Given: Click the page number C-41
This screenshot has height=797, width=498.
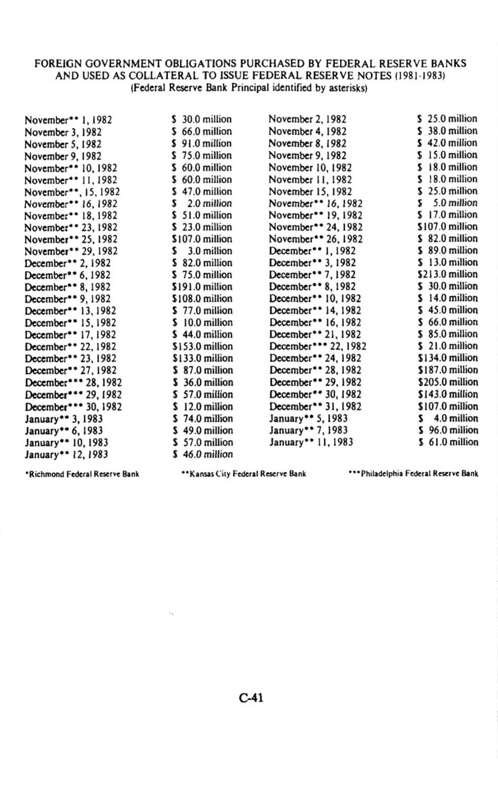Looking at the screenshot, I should coord(251,698).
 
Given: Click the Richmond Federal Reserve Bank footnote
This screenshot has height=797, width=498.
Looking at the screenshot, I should coord(82,474).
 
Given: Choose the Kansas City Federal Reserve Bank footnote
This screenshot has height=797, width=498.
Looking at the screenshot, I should coord(244,474).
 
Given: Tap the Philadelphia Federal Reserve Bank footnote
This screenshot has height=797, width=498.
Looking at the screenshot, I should coord(413,474).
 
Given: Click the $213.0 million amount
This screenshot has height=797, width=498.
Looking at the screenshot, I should coord(447,274).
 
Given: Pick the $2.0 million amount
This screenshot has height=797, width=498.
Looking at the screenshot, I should coord(202,203).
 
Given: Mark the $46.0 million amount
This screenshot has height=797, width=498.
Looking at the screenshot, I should coord(203,454).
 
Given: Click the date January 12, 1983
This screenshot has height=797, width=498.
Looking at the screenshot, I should coord(67,455).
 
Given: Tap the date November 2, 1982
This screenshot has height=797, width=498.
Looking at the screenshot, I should coord(307,119).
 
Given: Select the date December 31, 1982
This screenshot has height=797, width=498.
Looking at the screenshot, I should coord(315,406).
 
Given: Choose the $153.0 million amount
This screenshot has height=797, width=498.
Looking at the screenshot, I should coord(203,346).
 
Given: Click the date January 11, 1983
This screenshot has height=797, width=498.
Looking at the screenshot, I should coord(311,442).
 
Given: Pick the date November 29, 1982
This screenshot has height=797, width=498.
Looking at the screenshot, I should coord(71,251).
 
